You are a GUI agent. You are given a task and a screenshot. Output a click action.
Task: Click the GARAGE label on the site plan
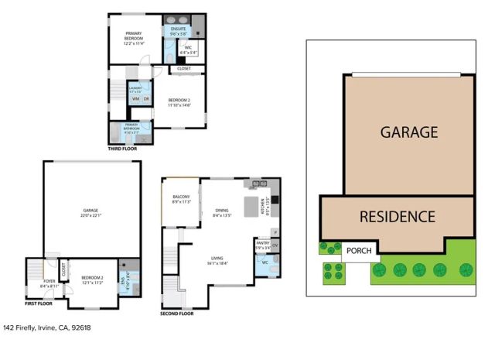tap(408, 132)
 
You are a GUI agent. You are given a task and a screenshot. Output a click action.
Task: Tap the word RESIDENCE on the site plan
tap(397, 217)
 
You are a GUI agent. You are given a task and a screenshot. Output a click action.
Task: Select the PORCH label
tap(358, 251)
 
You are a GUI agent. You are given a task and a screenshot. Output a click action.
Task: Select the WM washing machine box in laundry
tap(135, 99)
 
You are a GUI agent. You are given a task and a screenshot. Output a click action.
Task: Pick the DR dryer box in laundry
tap(145, 99)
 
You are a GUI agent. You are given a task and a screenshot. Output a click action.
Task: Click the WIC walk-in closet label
tap(189, 50)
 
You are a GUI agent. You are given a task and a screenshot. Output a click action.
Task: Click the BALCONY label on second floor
tap(180, 197)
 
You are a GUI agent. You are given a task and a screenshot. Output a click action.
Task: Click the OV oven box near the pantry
tap(275, 246)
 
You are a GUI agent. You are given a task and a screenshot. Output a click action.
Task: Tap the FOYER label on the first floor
tap(49, 281)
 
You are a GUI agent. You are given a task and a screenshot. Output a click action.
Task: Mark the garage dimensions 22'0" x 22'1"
tap(92, 215)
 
